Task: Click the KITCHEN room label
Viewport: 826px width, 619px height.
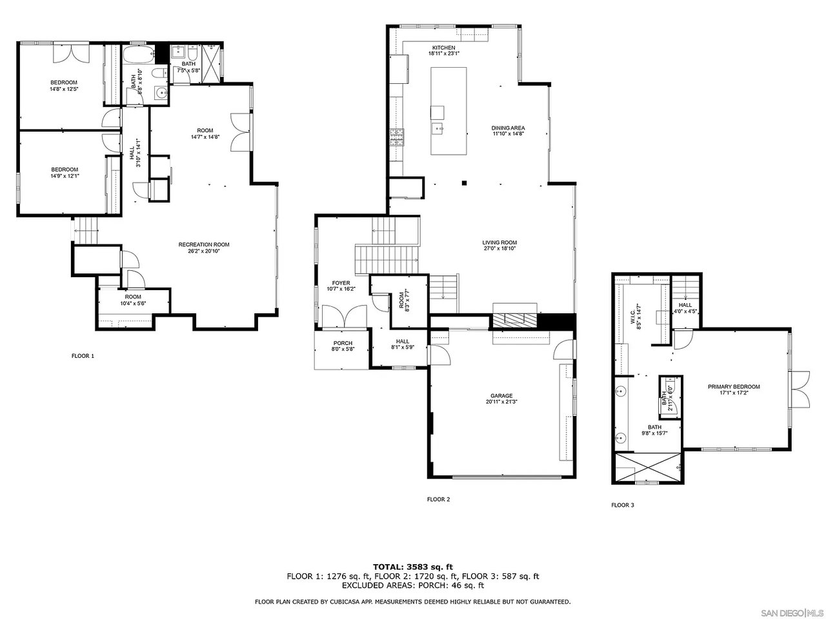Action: [443, 48]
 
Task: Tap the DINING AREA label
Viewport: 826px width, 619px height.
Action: [508, 128]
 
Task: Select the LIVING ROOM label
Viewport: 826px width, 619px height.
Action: [499, 243]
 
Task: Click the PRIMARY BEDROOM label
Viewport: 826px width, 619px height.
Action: [734, 387]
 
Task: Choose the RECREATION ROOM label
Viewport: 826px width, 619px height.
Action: [204, 244]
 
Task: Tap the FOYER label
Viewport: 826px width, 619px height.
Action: [341, 283]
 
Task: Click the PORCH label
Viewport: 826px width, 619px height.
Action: [342, 343]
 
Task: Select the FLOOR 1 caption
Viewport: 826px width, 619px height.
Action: [83, 355]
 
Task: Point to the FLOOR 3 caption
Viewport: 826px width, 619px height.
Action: [623, 505]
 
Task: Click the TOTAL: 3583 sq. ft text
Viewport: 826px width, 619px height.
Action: [413, 567]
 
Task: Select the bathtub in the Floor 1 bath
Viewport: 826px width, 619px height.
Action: [138, 54]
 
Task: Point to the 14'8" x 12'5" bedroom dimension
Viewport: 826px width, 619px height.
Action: [64, 89]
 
